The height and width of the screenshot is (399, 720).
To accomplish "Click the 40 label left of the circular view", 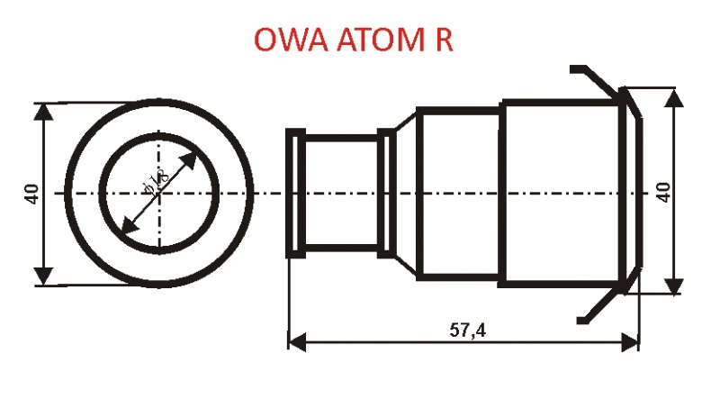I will point(31,194).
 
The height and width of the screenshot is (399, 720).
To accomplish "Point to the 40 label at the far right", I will point(665,192).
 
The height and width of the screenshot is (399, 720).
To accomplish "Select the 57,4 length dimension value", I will point(467,331).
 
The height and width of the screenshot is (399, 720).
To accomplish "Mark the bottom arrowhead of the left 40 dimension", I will point(44,277).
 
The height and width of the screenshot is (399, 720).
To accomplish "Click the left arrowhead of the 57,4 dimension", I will point(296,343).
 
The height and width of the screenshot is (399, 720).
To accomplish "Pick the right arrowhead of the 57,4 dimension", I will point(630,343).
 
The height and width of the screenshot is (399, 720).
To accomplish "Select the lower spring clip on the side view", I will point(600,304).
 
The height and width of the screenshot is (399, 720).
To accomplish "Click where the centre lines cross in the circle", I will point(159,194).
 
